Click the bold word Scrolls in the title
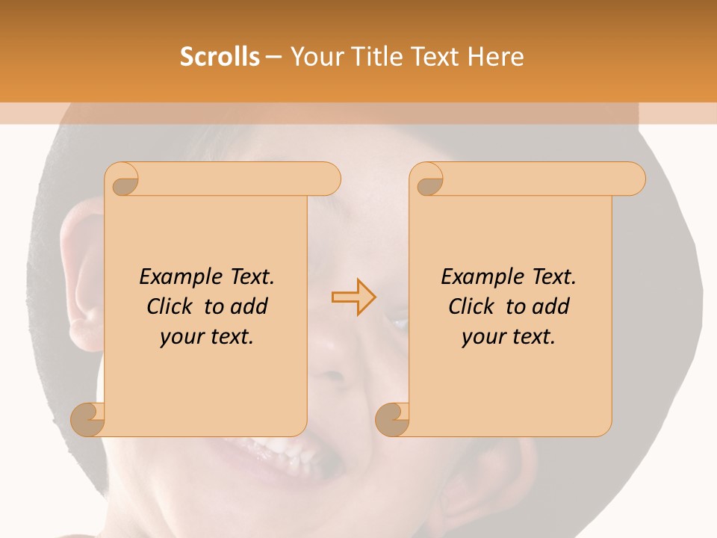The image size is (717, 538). pyautogui.click(x=220, y=56)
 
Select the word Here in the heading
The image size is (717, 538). pyautogui.click(x=496, y=56)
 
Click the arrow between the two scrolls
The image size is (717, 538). pyautogui.click(x=353, y=297)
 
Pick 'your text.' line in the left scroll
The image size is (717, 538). pyautogui.click(x=206, y=337)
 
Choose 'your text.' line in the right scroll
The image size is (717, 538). pyautogui.click(x=508, y=337)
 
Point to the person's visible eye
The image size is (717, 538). pyautogui.click(x=398, y=323)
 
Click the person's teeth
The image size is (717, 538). pyautogui.click(x=276, y=453)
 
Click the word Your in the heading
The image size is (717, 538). pyautogui.click(x=314, y=56)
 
